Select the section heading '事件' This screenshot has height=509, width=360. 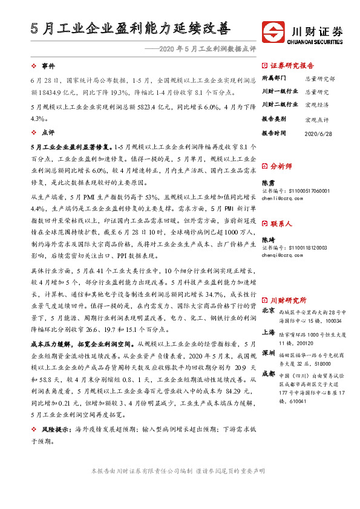click(x=48, y=65)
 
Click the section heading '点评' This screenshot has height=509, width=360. click(x=48, y=131)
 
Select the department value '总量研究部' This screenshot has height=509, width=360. click(x=320, y=79)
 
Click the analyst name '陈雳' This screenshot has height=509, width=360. click(x=267, y=182)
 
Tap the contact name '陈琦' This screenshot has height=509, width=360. click(x=267, y=239)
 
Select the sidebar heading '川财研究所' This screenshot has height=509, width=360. click(x=288, y=299)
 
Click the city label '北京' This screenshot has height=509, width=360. click(x=269, y=311)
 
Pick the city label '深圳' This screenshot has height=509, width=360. click(x=269, y=352)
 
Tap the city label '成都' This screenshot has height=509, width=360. click(x=269, y=374)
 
